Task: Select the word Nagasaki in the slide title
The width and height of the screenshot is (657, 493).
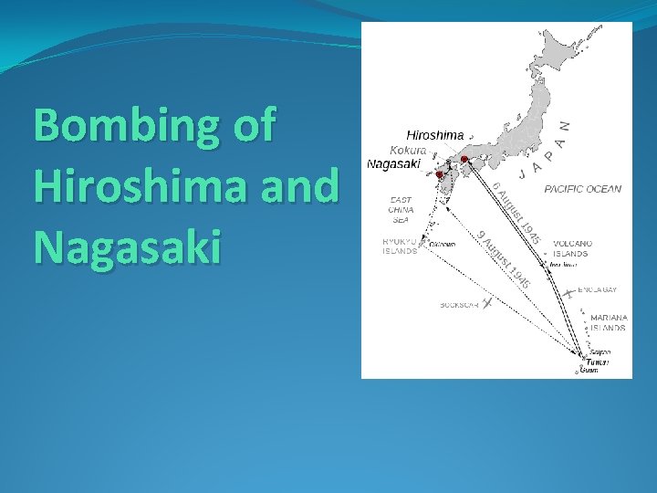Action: [x=127, y=246]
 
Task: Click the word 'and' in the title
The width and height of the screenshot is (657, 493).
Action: [x=298, y=187]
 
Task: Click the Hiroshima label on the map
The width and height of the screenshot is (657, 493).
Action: [x=434, y=135]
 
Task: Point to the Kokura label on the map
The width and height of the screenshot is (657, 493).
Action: [x=408, y=150]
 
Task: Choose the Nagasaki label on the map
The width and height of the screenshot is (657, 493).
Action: [x=393, y=164]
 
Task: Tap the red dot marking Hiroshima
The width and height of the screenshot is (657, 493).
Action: [x=464, y=160]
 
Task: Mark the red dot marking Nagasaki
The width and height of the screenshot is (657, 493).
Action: [x=439, y=173]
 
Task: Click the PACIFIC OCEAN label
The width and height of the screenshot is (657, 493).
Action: [x=583, y=189]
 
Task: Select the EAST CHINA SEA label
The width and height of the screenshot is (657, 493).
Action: [x=401, y=209]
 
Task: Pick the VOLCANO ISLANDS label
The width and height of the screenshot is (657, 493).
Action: [x=572, y=248]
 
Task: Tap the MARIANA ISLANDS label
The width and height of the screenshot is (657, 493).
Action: [x=608, y=322]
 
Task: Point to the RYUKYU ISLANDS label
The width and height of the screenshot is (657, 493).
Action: [x=399, y=246]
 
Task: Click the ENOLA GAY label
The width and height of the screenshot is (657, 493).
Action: [x=604, y=289]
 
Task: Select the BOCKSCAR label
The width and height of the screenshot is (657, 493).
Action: [x=459, y=304]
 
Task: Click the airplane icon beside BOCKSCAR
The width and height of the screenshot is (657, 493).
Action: [x=488, y=301]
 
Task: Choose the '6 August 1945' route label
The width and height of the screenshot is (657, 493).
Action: [x=517, y=213]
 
